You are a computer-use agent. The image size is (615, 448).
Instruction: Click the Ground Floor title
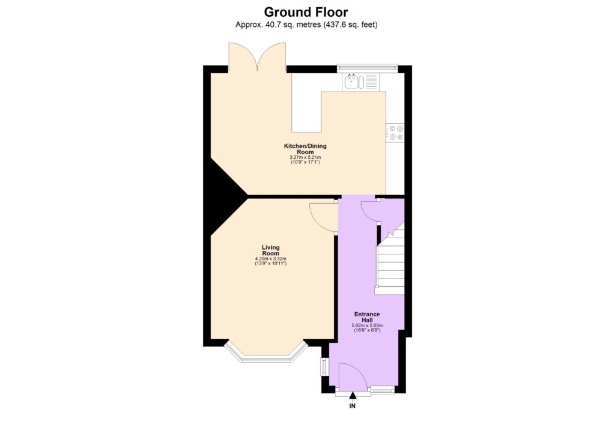point(306,12)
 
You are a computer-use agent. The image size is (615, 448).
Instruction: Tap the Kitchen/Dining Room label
point(305,149)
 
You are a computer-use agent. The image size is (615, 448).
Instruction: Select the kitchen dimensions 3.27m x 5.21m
point(305,158)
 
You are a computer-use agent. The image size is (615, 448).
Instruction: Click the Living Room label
point(270,250)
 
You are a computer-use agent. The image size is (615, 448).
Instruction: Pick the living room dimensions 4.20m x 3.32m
point(270,259)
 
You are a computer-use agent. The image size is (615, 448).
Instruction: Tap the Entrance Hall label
point(366,317)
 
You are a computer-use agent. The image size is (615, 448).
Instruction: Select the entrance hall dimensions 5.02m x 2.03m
point(366,326)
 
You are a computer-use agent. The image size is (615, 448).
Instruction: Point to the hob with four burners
point(395,132)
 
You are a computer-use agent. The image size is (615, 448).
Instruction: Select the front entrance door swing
point(353,375)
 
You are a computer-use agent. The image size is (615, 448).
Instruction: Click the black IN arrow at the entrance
point(353,395)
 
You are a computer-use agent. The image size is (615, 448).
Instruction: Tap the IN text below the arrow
point(353,407)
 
